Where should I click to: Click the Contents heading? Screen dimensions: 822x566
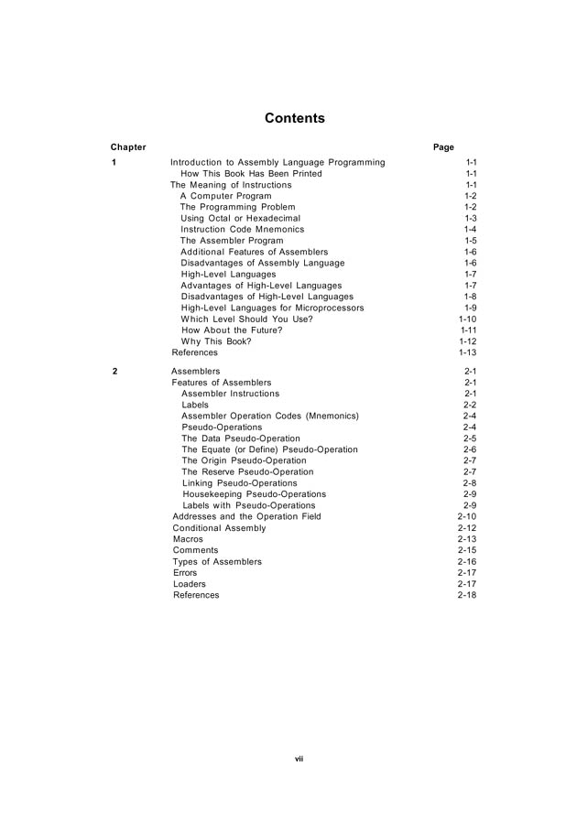pos(294,118)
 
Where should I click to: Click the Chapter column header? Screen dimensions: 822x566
pos(128,147)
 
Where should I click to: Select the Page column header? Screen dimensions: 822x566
pos(443,147)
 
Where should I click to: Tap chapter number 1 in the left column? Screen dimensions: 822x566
pos(114,163)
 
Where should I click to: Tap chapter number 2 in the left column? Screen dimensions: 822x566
pos(114,372)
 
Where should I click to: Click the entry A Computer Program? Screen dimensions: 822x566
pos(225,196)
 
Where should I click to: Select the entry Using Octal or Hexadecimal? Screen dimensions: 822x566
pos(241,219)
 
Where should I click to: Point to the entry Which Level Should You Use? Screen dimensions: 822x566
pos(246,319)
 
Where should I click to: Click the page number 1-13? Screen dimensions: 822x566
pos(467,352)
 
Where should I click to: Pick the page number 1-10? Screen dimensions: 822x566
pos(467,319)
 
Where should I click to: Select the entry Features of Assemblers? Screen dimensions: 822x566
pos(222,383)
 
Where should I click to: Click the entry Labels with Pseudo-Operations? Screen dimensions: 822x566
pos(248,505)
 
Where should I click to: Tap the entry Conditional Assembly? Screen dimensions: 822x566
pos(219,528)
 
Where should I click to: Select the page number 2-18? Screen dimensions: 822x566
pos(466,595)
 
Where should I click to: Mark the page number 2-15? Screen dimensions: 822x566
pos(466,550)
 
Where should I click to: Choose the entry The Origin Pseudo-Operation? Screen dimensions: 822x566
pos(244,460)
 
